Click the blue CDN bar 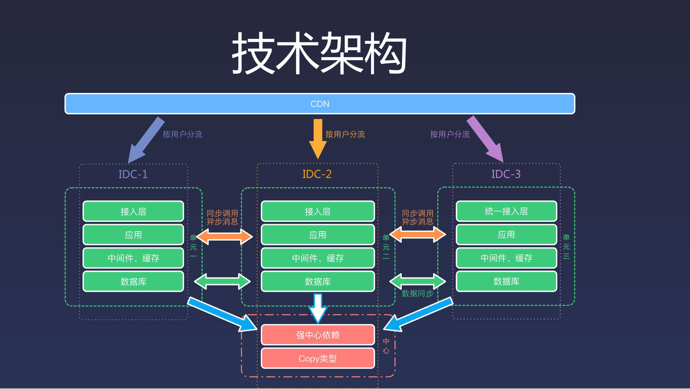(x=319, y=104)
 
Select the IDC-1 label (x=133, y=174)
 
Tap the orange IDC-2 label (x=317, y=174)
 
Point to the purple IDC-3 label (x=506, y=174)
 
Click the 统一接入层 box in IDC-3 (x=506, y=211)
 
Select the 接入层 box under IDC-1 (x=133, y=211)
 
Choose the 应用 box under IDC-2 (x=318, y=235)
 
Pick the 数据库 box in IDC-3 (x=506, y=281)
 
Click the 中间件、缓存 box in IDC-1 (x=133, y=258)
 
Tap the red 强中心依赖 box (x=318, y=335)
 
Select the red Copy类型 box (x=318, y=358)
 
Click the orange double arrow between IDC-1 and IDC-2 (x=225, y=236)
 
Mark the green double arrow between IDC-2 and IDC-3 (x=417, y=281)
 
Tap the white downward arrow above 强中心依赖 (x=318, y=308)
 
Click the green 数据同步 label (x=417, y=293)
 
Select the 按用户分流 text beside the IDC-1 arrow (x=182, y=134)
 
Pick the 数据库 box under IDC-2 (x=318, y=281)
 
